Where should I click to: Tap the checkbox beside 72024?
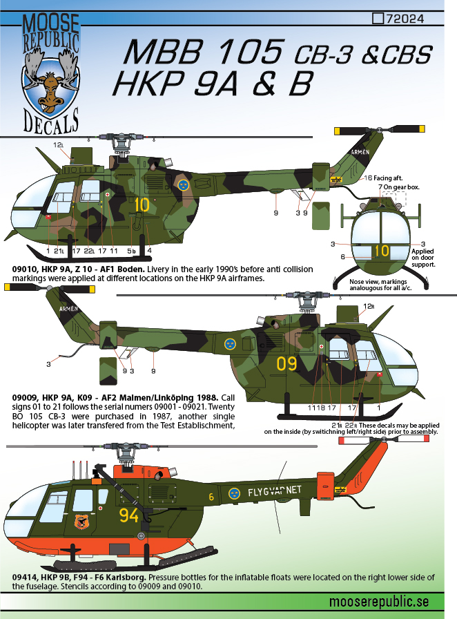point(378,18)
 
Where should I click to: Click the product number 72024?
point(405,19)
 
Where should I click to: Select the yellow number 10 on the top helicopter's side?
point(142,204)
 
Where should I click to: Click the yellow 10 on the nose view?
point(382,250)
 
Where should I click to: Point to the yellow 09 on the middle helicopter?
point(287,363)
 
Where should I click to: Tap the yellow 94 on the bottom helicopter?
point(129,515)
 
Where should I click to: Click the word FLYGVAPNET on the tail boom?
point(274,491)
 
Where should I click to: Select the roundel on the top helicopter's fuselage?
point(183,184)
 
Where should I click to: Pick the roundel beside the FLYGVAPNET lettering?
point(235,493)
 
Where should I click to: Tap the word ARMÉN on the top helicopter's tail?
point(360,152)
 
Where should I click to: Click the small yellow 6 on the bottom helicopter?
point(211,497)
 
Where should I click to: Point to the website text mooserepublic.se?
point(379,602)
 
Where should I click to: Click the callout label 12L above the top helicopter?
point(58,145)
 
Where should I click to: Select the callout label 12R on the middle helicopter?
point(368,306)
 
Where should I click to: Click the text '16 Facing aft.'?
point(383,178)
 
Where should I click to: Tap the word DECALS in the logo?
point(51,121)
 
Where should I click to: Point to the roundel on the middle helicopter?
point(230,344)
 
